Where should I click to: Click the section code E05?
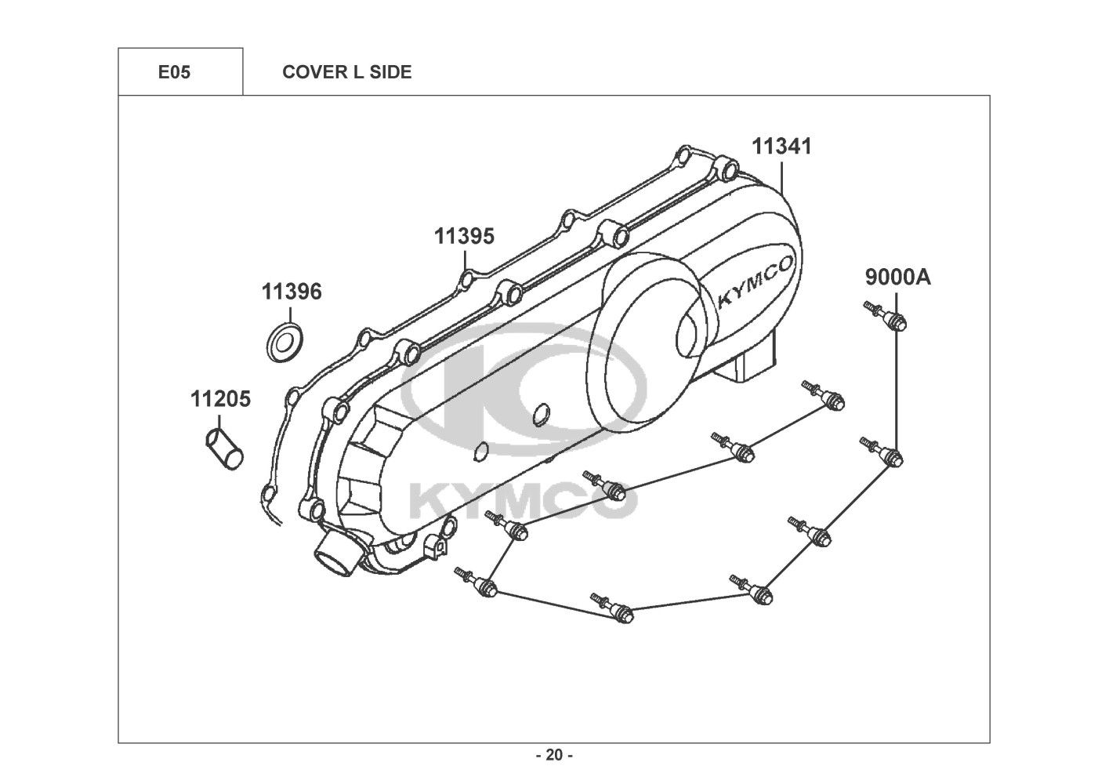tap(174, 72)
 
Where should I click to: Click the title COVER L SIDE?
tap(346, 72)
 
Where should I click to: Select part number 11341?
tap(781, 147)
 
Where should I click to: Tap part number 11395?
tap(465, 236)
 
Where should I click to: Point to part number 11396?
tap(292, 292)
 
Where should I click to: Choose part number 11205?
tap(220, 399)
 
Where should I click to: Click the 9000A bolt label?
tap(897, 278)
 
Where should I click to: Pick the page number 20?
tap(555, 755)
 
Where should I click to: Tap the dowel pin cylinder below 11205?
tap(224, 448)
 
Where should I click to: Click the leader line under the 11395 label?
tap(466, 261)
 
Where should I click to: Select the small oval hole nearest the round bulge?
tap(541, 415)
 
